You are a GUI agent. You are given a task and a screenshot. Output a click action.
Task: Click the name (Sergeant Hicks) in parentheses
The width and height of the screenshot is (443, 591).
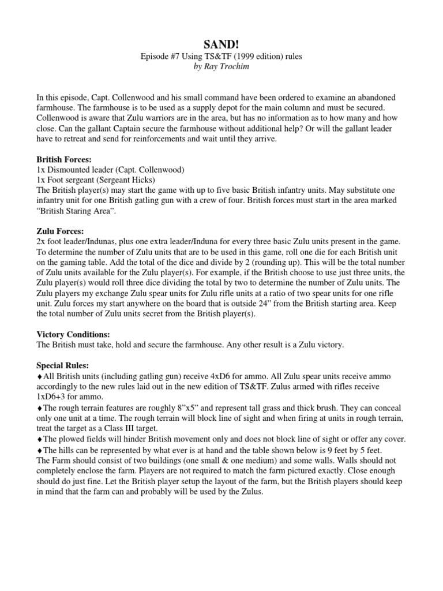[121, 180]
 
